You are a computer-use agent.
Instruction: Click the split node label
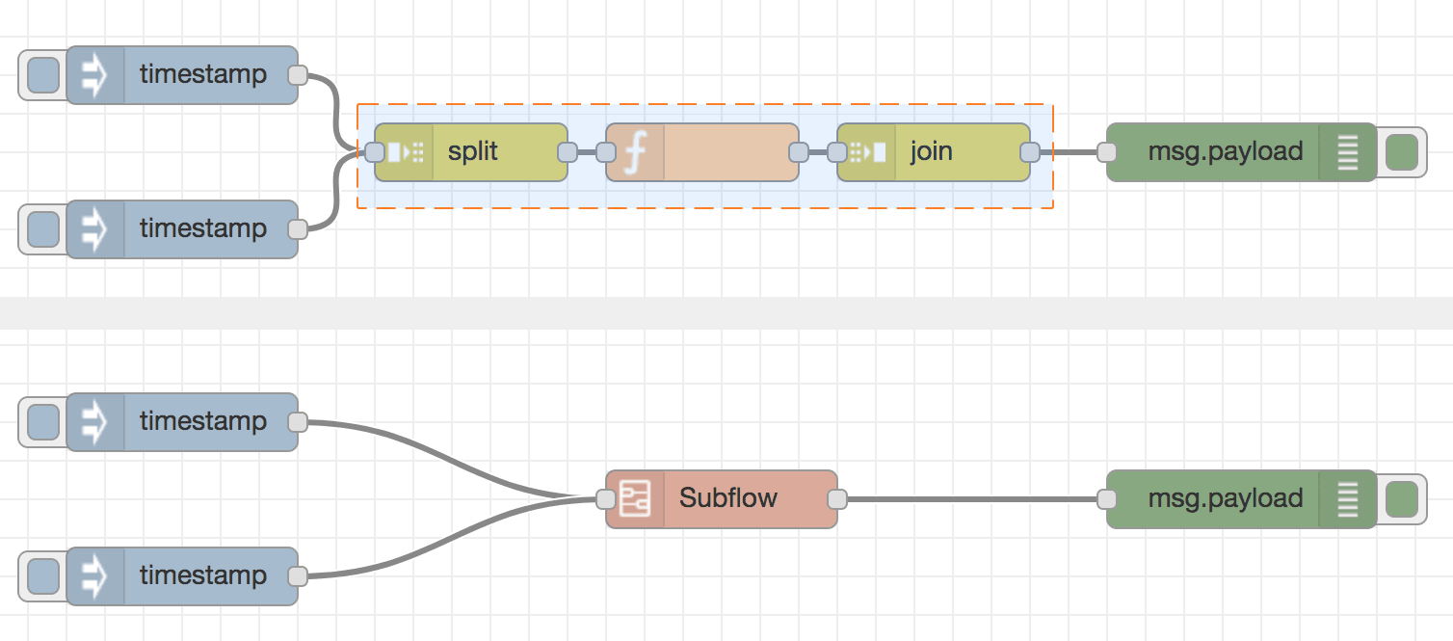coord(473,152)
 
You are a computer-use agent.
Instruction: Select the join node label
coord(931,152)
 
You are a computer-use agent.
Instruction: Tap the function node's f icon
coord(634,152)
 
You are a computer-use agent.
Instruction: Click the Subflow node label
coord(728,498)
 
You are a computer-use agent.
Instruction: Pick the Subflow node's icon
coord(635,499)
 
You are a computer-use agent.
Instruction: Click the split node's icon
coord(405,152)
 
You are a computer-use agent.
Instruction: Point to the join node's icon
coord(867,152)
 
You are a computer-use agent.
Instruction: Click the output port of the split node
coord(568,152)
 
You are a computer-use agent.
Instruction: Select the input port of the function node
coord(606,152)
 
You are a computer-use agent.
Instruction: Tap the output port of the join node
coord(1030,152)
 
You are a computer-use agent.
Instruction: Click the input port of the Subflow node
coord(606,499)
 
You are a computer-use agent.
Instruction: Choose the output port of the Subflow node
coord(837,499)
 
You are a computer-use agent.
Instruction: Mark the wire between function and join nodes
coord(818,152)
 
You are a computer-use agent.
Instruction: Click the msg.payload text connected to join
coord(1226,151)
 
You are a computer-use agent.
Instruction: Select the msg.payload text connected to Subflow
coord(1226,498)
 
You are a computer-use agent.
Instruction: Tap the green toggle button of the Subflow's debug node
coord(1401,499)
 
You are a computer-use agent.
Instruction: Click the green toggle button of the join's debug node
coord(1401,152)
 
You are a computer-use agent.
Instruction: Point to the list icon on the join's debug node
coord(1348,152)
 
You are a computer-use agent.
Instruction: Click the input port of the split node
coord(375,152)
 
